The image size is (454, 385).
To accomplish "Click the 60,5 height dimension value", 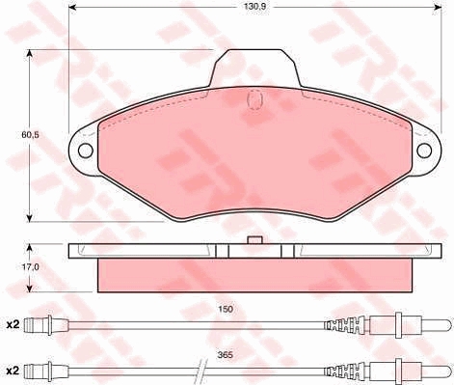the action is (x=30, y=135).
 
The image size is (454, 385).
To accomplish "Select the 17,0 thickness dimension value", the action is (x=31, y=267).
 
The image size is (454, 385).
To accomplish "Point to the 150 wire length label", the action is (x=227, y=309).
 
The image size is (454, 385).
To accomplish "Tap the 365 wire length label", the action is (x=225, y=355).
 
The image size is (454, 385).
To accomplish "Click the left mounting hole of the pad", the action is (x=86, y=150).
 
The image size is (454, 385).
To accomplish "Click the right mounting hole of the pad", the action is (x=424, y=151).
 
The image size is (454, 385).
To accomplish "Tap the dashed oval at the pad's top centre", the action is (x=255, y=99).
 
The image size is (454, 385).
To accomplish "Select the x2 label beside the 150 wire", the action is (x=13, y=325).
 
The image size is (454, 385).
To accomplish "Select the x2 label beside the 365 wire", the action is (x=13, y=371).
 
